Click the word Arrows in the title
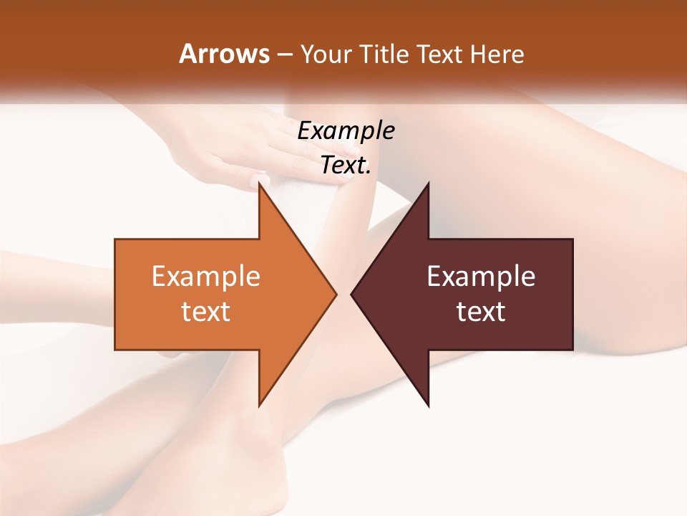223,54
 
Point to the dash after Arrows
284,54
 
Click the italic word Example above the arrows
346,131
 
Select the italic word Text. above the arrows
346,166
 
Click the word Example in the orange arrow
206,277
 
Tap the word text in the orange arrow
206,311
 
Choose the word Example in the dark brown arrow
481,277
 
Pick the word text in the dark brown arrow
481,311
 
